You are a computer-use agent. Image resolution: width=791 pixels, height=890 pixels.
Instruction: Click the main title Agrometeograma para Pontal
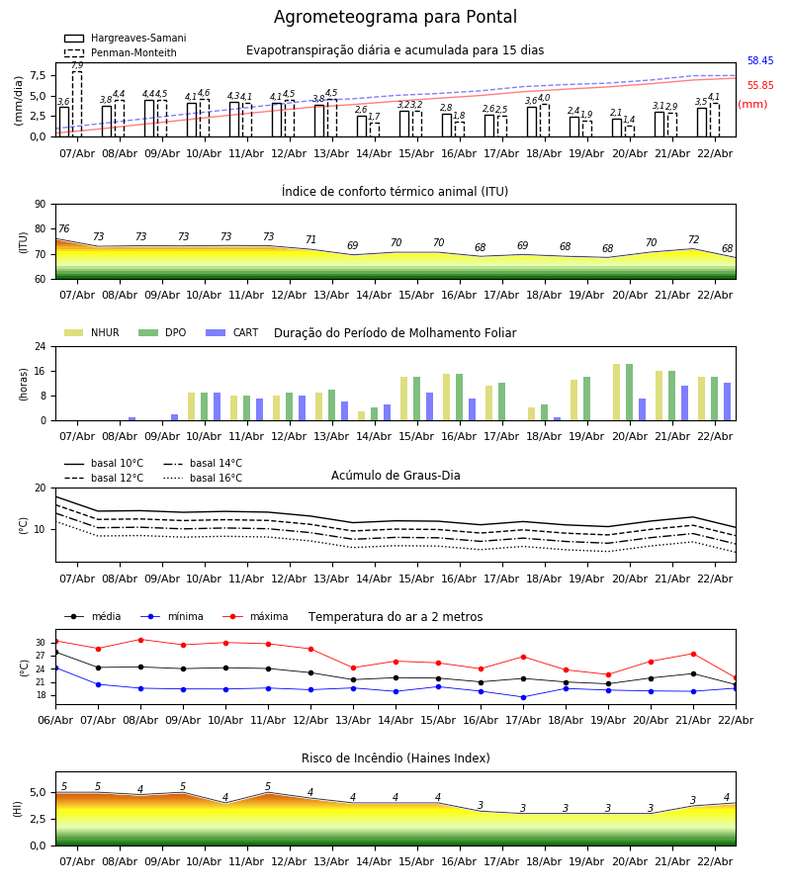(x=395, y=18)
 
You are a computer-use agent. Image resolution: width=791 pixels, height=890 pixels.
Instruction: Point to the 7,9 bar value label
(x=77, y=65)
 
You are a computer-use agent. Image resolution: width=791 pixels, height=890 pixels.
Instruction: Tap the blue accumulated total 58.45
(x=760, y=61)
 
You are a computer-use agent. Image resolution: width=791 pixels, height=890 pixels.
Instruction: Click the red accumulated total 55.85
(x=760, y=86)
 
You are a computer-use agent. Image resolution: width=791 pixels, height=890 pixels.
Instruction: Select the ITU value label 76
(x=63, y=229)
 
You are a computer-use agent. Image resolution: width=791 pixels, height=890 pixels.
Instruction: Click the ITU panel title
(x=395, y=192)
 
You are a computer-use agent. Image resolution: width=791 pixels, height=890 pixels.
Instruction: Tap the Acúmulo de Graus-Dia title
(x=395, y=476)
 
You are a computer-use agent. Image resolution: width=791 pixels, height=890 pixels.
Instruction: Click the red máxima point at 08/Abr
(x=140, y=640)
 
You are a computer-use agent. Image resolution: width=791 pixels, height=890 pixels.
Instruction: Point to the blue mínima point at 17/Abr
(x=523, y=697)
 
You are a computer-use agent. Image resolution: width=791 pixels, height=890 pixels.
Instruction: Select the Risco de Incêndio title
(x=395, y=758)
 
